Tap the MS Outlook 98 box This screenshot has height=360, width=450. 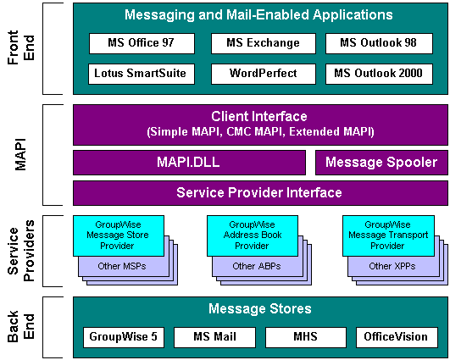point(379,43)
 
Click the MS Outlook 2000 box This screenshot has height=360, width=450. point(379,74)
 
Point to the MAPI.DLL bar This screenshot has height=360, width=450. point(189,162)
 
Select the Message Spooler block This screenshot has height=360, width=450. point(381,162)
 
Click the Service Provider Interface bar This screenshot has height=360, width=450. point(258,192)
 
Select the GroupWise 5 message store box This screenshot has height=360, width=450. point(123,336)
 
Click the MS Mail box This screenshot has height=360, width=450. point(214,336)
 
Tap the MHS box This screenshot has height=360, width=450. point(305,336)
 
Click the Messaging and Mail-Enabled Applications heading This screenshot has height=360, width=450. point(258,15)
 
